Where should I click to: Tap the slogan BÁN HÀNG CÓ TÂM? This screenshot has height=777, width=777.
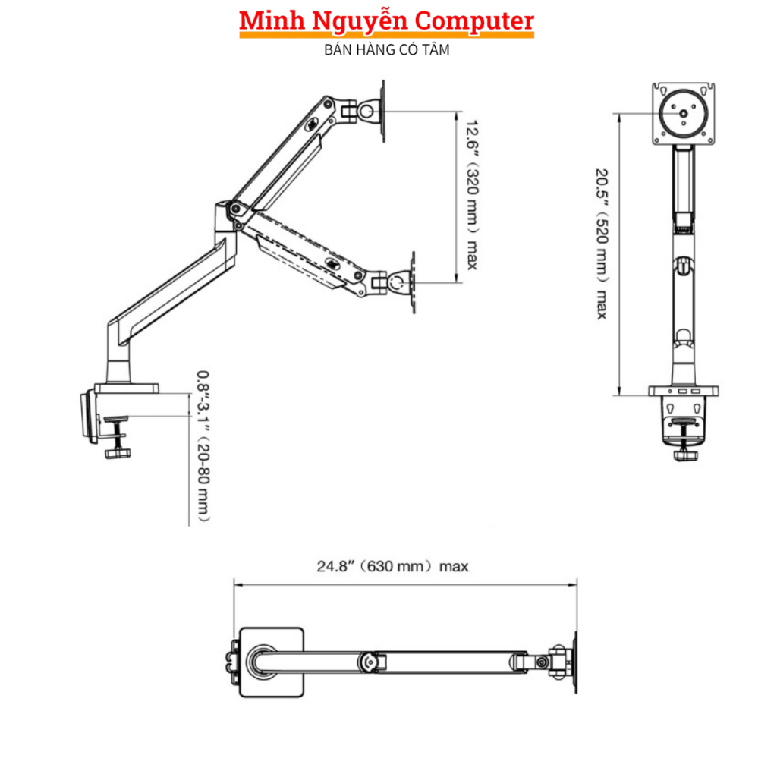(x=387, y=50)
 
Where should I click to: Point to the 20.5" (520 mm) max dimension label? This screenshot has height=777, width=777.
(x=601, y=243)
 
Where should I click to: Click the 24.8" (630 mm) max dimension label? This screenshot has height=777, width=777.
(x=392, y=566)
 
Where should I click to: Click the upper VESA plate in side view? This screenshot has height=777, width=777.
(x=382, y=111)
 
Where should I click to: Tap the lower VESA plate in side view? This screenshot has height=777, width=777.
(x=412, y=282)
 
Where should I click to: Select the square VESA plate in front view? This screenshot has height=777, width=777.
(x=684, y=114)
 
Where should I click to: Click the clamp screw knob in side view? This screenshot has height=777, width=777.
(x=118, y=453)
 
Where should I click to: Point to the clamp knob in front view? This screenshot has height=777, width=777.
(x=687, y=455)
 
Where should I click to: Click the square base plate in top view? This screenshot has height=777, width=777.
(x=272, y=661)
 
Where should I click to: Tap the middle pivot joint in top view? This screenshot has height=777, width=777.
(x=370, y=661)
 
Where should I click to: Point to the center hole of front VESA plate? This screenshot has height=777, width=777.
(x=684, y=115)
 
